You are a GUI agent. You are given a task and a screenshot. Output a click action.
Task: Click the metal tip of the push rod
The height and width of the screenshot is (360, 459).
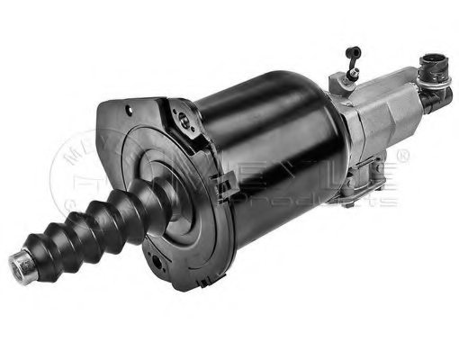point(19,264)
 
